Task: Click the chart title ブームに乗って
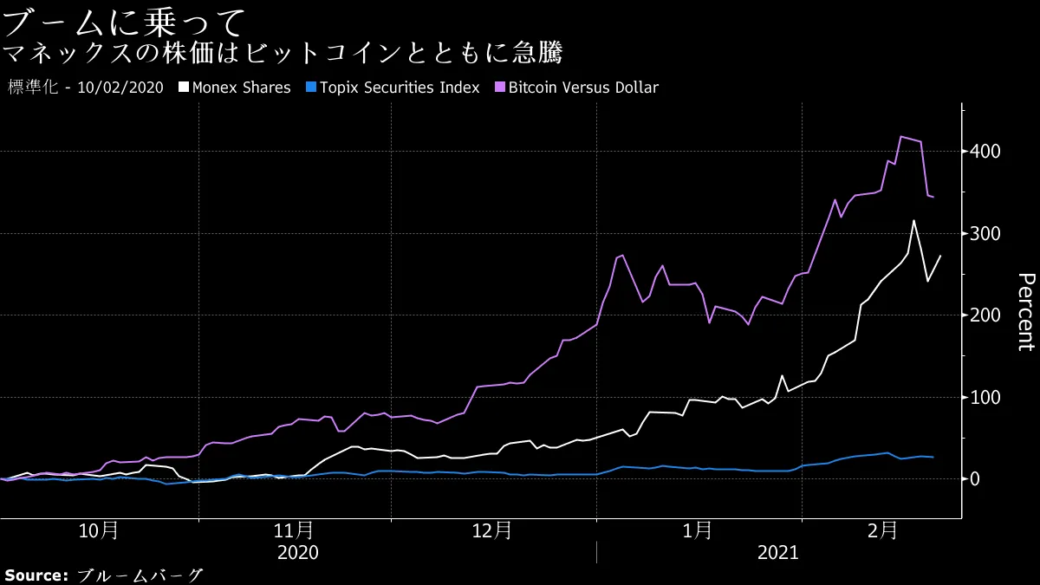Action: [x=125, y=20]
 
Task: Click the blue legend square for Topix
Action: [x=310, y=88]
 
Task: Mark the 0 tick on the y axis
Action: [x=975, y=479]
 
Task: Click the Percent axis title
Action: [x=1025, y=311]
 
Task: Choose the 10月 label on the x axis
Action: [x=98, y=530]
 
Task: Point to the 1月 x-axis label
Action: [x=699, y=530]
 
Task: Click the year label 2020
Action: [x=297, y=552]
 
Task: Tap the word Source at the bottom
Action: [x=36, y=575]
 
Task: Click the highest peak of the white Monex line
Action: [x=913, y=221]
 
